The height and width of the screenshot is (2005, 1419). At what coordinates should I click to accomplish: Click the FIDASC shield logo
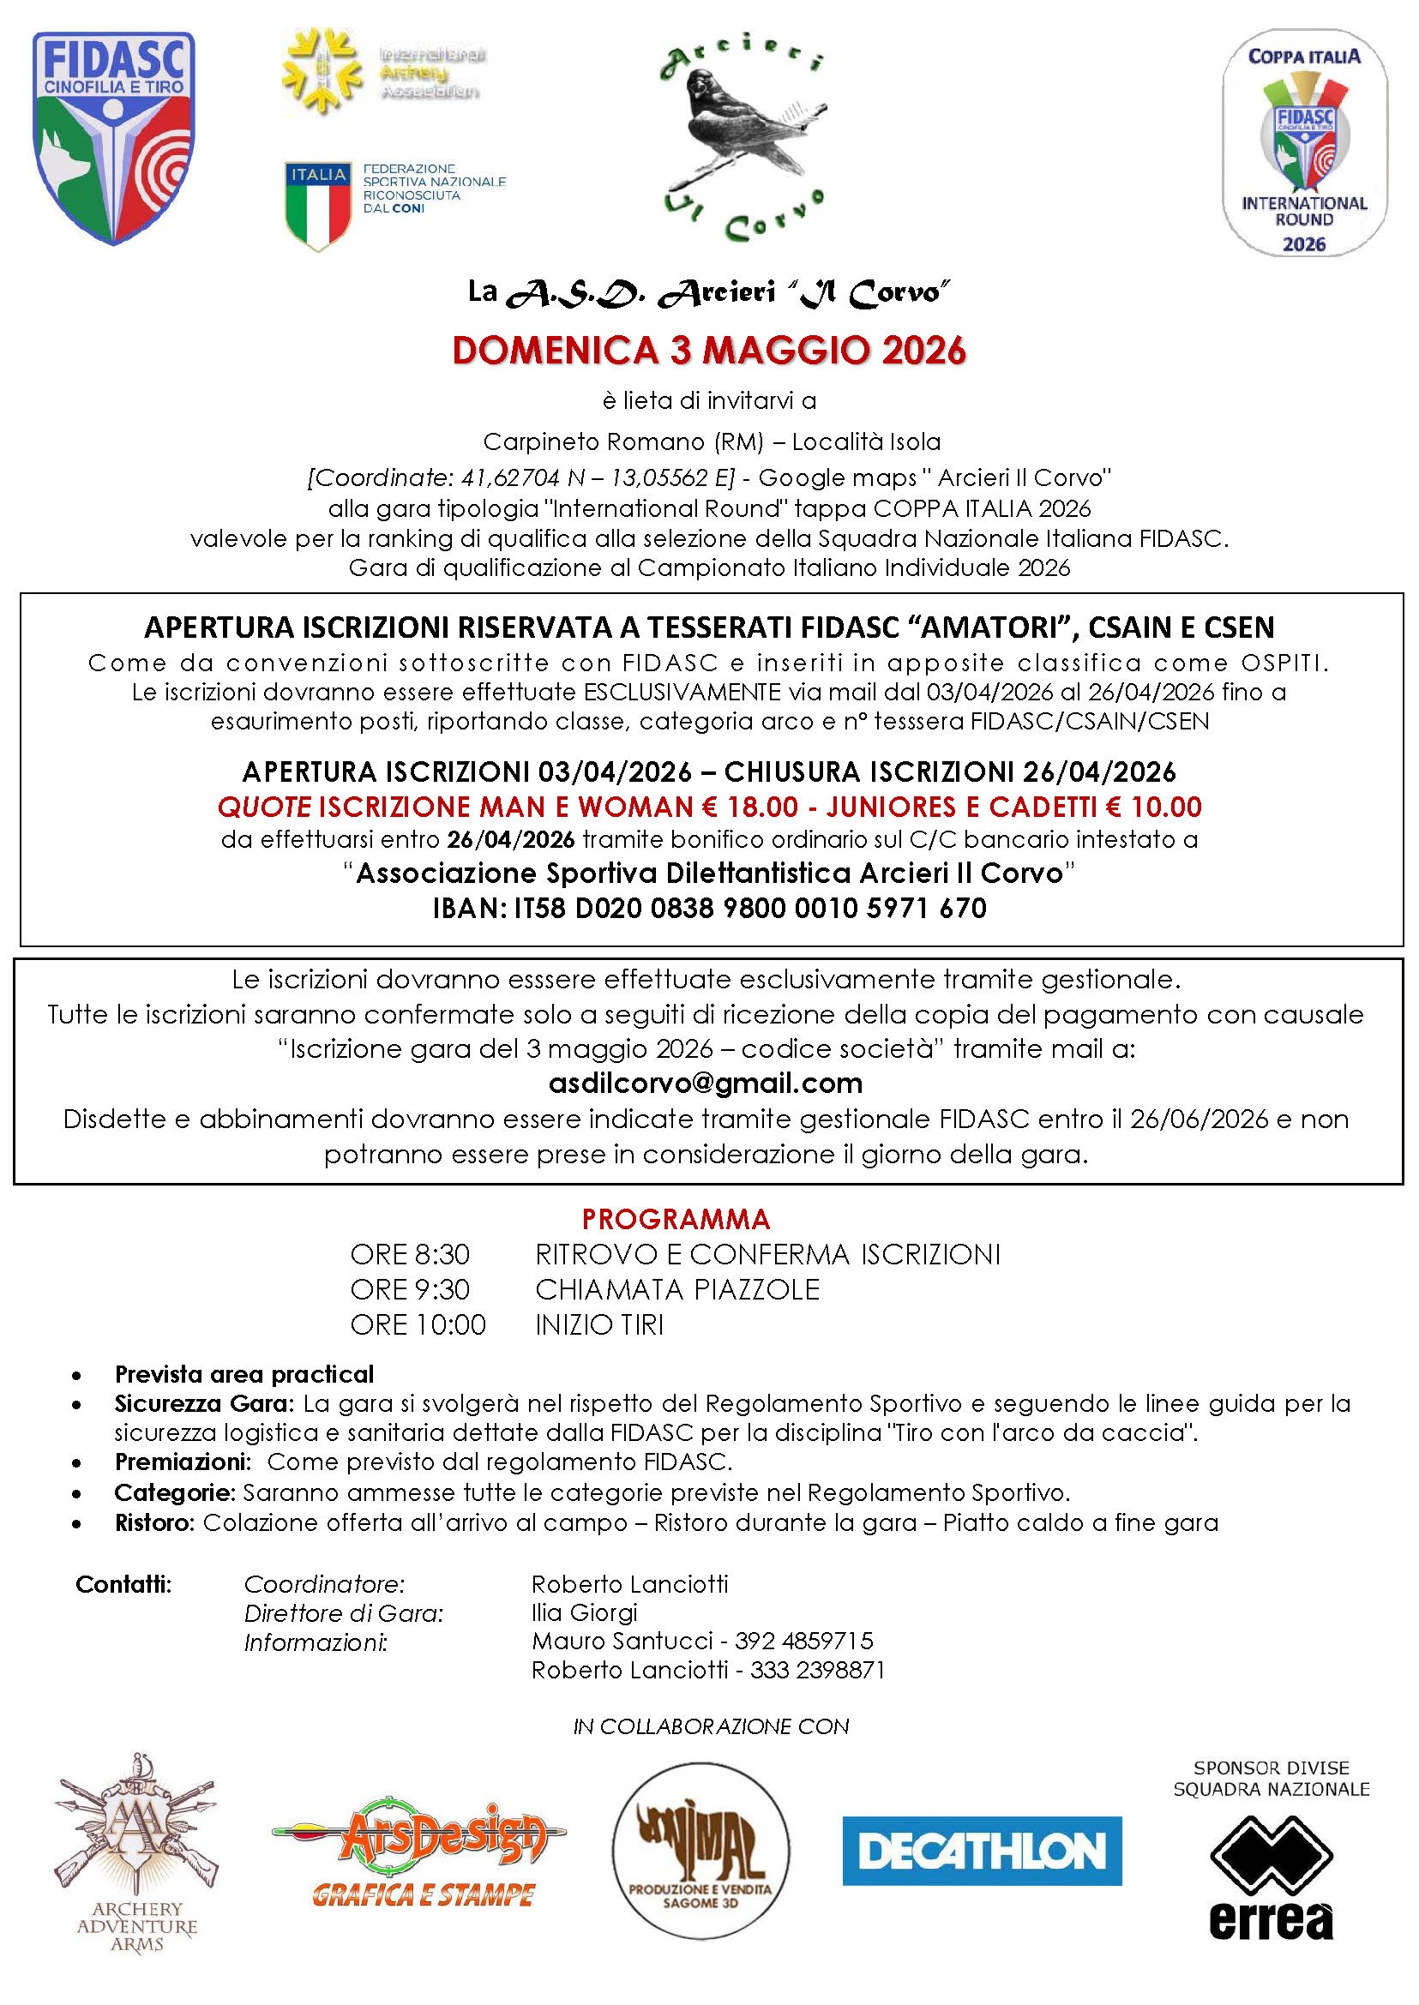(113, 138)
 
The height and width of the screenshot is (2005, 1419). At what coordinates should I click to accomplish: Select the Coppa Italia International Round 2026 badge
(1304, 148)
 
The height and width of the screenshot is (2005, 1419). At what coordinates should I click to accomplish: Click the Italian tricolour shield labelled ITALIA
(317, 206)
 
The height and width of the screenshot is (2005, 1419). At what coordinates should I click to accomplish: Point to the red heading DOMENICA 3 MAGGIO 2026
(710, 351)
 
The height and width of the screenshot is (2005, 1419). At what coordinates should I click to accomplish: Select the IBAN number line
(710, 909)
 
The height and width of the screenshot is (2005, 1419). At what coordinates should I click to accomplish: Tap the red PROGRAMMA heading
(676, 1218)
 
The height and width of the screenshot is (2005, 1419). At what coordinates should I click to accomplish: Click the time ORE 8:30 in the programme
(410, 1255)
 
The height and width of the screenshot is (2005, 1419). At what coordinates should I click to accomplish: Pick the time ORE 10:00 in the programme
(418, 1324)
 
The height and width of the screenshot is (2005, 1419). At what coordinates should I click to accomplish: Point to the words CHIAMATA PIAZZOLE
(677, 1289)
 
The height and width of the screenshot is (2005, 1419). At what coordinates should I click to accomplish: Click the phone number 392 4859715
(804, 1641)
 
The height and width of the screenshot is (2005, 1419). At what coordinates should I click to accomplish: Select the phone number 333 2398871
(810, 1671)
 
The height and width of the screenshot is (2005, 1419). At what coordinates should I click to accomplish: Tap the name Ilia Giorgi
(585, 1612)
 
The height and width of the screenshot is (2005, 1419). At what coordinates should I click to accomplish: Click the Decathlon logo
(981, 1851)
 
